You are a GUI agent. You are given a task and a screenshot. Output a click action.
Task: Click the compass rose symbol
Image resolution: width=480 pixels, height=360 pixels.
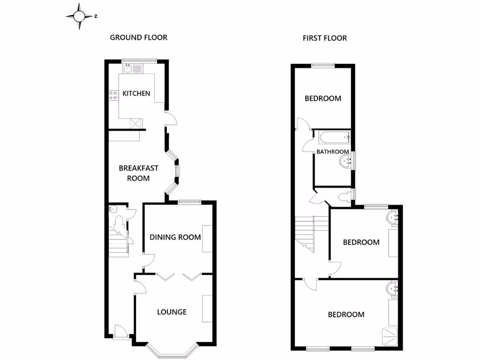pyautogui.click(x=79, y=16)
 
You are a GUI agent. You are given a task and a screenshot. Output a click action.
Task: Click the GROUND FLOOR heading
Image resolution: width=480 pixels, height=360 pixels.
pyautogui.click(x=138, y=37)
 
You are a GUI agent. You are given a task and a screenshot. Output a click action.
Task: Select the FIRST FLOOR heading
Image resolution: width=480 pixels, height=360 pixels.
pyautogui.click(x=324, y=38)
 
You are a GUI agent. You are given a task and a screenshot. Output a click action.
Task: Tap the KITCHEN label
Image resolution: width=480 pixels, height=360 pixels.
pyautogui.click(x=136, y=93)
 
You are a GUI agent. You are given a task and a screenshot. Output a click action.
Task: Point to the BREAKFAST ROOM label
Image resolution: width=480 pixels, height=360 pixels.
pyautogui.click(x=138, y=173)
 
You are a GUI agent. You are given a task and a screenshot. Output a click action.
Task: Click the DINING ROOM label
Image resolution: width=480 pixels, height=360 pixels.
pyautogui.click(x=175, y=237)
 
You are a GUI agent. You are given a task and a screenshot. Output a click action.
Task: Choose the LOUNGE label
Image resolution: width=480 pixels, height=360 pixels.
pyautogui.click(x=172, y=312)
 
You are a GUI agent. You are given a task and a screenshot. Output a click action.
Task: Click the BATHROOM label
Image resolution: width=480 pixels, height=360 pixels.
pyautogui.click(x=332, y=152)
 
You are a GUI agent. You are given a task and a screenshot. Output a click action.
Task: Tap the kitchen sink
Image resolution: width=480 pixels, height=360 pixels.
pyautogui.click(x=127, y=68)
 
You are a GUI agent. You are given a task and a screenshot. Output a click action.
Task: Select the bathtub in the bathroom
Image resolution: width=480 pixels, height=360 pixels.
pyautogui.click(x=334, y=137)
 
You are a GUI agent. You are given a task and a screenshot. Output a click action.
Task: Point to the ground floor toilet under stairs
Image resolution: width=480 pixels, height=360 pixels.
pyautogui.click(x=119, y=220)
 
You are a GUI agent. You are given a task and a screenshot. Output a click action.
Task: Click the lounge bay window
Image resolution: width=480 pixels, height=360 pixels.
pyautogui.click(x=172, y=350)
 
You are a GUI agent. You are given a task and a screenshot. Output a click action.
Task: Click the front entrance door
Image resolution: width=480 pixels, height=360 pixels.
pyautogui.click(x=120, y=332)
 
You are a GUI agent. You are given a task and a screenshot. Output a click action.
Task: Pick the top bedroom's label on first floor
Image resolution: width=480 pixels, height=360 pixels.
pyautogui.click(x=323, y=98)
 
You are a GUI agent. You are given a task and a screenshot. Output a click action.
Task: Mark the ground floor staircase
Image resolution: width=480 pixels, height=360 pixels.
pyautogui.click(x=118, y=241)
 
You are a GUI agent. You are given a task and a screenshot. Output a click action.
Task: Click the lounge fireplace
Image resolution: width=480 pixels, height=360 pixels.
pyautogui.click(x=207, y=308)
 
